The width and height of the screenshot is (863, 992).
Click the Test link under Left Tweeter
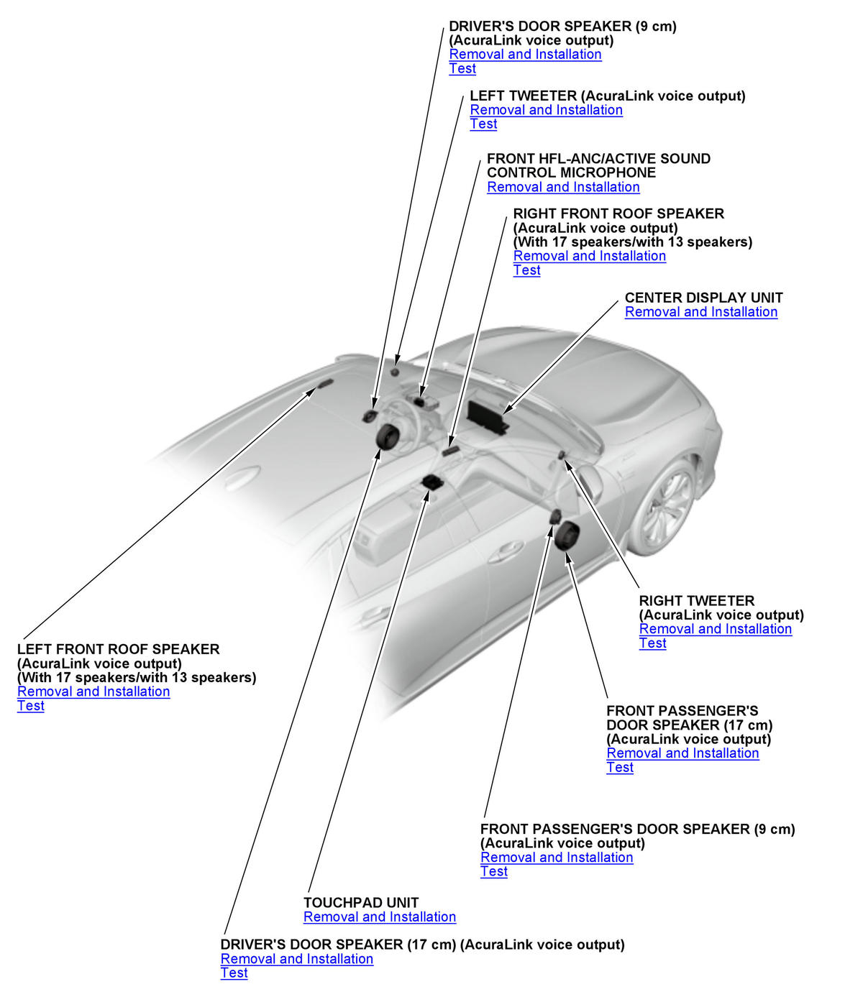[483, 124]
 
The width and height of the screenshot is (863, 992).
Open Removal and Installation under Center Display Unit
[700, 312]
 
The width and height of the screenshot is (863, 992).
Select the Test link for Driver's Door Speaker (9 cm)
[462, 68]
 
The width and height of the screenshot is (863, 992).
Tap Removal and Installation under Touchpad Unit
[379, 917]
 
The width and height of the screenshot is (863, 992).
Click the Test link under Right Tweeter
[652, 643]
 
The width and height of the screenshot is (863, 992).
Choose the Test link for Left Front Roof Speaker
[31, 706]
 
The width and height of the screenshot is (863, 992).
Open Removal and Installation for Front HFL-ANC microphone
[563, 187]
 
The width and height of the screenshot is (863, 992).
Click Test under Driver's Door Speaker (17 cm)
[234, 973]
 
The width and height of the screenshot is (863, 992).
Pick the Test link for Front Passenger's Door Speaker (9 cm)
[494, 871]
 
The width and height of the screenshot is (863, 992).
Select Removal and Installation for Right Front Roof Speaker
[589, 256]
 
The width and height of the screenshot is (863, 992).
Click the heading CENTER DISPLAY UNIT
[703, 298]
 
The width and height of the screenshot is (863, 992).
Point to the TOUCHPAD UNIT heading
[360, 903]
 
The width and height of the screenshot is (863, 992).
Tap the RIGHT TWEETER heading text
[696, 601]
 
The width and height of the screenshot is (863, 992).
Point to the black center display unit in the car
[487, 418]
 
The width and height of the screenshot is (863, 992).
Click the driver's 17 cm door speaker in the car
[388, 436]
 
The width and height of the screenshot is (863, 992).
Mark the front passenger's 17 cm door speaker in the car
[566, 536]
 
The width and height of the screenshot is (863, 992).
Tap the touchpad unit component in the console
[432, 482]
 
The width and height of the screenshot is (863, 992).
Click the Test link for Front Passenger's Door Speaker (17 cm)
[620, 768]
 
